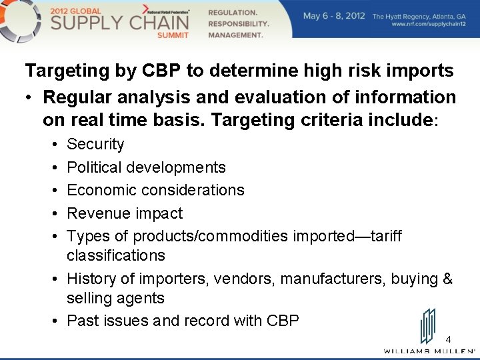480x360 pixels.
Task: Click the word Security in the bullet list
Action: click(95, 144)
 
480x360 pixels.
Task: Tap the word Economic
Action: click(99, 190)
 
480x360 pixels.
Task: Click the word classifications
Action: click(116, 255)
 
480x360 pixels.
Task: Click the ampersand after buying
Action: click(447, 278)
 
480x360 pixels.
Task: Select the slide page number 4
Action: click(448, 339)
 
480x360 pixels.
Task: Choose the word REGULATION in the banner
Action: click(233, 13)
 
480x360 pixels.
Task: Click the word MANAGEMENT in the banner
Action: click(235, 35)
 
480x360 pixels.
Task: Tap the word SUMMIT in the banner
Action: click(173, 35)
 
